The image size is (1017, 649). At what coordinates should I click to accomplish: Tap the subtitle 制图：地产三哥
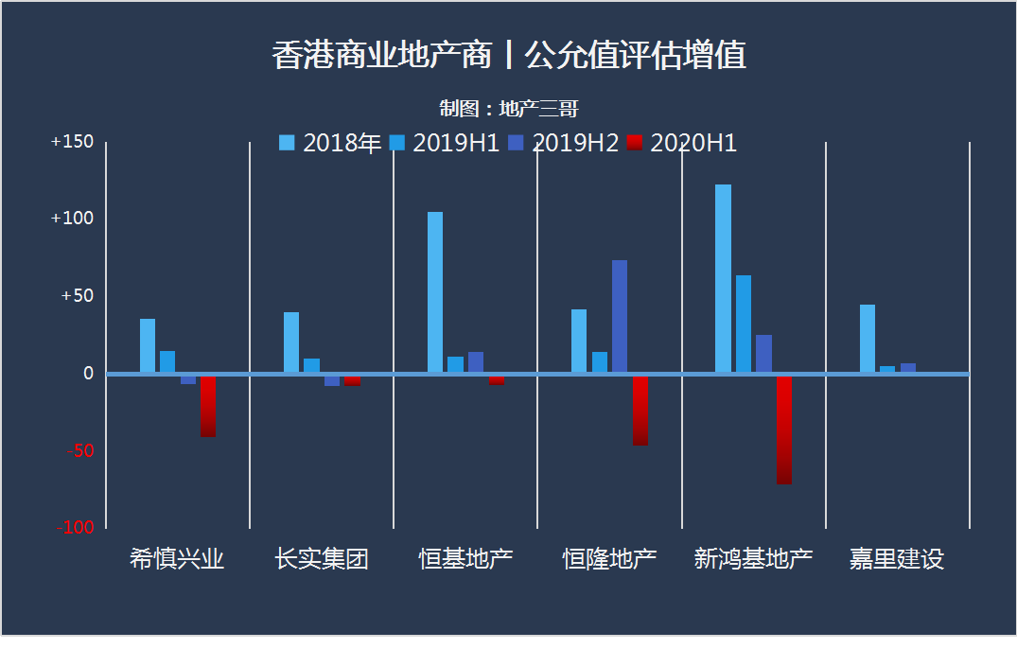[x=508, y=109]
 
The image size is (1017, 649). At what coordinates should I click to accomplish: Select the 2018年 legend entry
[x=330, y=143]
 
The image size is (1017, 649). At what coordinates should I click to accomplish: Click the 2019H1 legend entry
[x=446, y=143]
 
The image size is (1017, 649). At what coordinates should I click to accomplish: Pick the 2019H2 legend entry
[x=565, y=143]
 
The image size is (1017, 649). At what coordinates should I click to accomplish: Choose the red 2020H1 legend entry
[x=683, y=143]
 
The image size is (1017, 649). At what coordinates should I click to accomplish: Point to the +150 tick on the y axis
[x=73, y=142]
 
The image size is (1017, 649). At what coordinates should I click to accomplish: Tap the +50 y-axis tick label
[x=78, y=296]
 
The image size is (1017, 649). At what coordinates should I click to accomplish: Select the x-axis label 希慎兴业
[x=177, y=559]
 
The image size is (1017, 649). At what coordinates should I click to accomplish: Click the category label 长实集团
[x=322, y=559]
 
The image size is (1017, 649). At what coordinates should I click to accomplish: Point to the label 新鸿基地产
[x=753, y=559]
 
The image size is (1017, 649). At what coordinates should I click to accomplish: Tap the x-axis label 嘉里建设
[x=897, y=559]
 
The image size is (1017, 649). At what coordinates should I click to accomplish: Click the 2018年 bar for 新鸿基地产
[x=723, y=279]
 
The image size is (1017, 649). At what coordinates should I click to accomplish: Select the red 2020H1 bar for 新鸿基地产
[x=784, y=430]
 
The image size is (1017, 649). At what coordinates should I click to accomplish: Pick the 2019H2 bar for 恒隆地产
[x=620, y=317]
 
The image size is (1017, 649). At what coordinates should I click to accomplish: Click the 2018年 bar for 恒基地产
[x=435, y=292]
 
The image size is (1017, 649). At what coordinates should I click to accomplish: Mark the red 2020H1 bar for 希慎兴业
[x=208, y=406]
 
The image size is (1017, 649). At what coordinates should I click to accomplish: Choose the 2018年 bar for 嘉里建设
[x=868, y=339]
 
